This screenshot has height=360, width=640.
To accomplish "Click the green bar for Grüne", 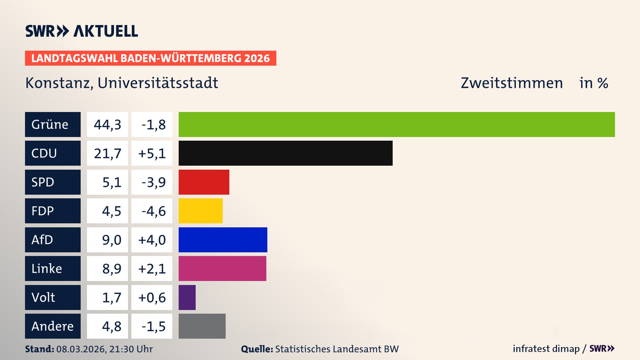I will (x=397, y=124).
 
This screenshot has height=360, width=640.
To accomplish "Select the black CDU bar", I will (x=285, y=153).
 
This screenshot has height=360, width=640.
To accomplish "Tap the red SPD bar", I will (x=204, y=182).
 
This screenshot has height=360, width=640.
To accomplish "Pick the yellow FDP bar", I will (x=200, y=211).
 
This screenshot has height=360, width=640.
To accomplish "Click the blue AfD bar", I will (x=223, y=240).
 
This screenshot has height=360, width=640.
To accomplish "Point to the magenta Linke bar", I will (x=222, y=268).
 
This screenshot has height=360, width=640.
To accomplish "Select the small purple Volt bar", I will (x=187, y=297).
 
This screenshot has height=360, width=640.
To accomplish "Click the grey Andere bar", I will (x=202, y=326).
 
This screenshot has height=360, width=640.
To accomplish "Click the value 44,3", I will (x=107, y=124).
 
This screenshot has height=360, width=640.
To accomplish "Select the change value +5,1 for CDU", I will (x=152, y=153).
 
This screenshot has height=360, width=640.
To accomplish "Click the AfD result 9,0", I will (x=111, y=240).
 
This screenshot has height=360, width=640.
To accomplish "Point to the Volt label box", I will (x=53, y=297).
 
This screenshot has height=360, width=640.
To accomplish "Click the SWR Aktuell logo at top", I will (x=81, y=31).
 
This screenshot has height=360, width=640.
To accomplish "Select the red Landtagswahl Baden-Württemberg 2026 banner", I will (x=150, y=58).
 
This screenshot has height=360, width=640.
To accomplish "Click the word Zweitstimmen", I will (x=512, y=83).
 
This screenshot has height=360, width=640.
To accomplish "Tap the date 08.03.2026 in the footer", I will (x=81, y=349).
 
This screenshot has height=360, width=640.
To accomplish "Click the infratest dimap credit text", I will (x=546, y=349).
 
